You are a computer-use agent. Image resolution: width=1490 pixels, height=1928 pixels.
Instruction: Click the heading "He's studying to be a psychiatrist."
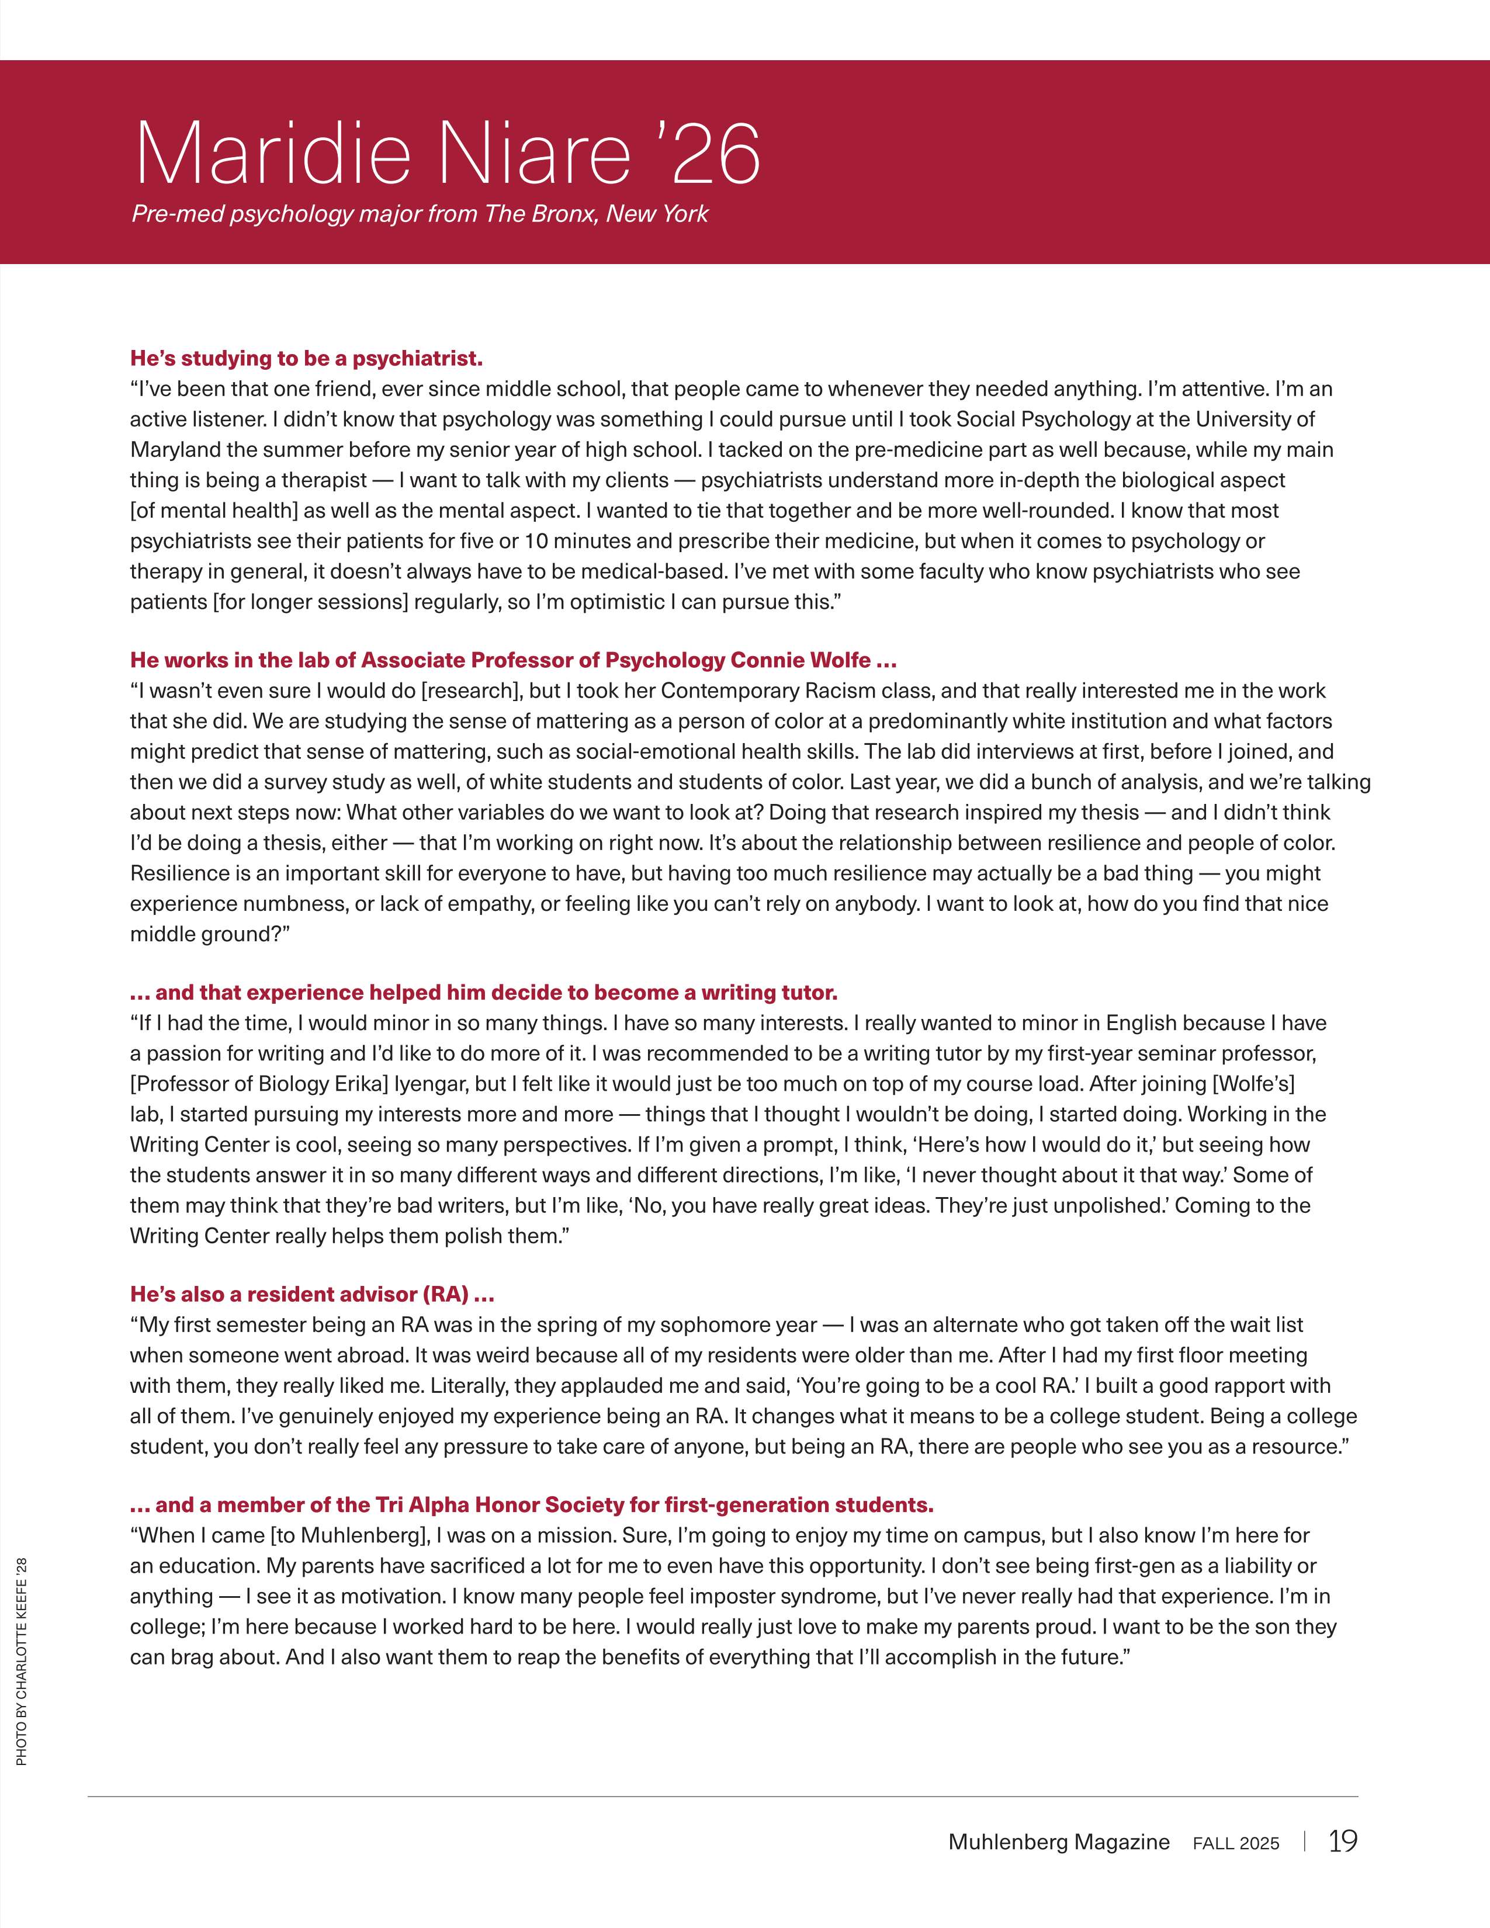[306, 358]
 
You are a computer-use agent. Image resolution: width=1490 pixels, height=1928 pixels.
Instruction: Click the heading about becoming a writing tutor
[484, 992]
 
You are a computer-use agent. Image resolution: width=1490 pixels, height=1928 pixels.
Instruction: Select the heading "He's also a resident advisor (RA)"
[311, 1294]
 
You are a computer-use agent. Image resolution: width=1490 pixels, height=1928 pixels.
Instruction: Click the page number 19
[1343, 1842]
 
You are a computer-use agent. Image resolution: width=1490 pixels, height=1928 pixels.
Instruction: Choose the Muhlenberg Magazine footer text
[1058, 1842]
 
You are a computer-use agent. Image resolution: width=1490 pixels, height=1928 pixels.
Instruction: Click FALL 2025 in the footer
[1236, 1843]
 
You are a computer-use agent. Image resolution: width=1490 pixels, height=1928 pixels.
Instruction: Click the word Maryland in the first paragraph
[175, 449]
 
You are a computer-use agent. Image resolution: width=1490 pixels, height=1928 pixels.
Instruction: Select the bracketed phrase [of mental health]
[214, 510]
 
